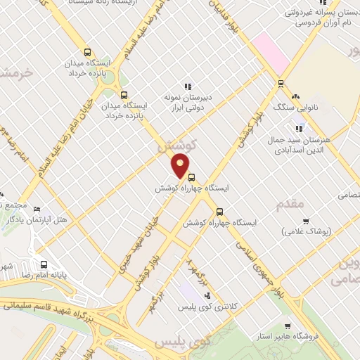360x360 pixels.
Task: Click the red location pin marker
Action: (181, 166)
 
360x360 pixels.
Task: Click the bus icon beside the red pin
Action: (192, 178)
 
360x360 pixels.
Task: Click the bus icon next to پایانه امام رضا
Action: (44, 265)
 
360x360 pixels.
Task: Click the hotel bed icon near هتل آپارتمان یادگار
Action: (37, 210)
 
